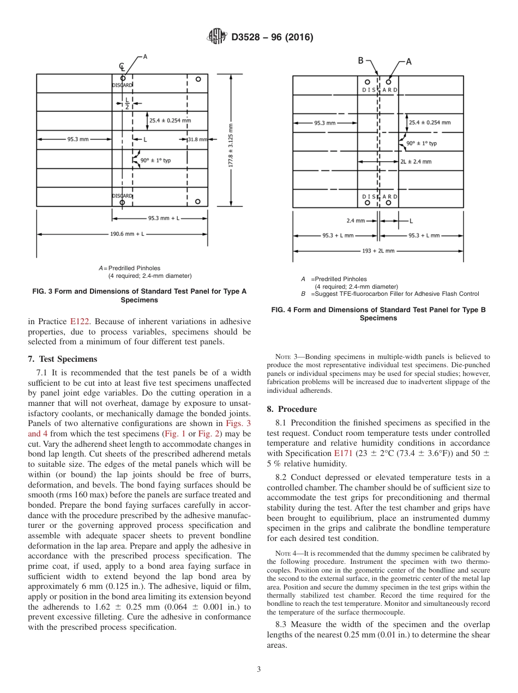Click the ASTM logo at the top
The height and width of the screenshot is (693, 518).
tap(217, 37)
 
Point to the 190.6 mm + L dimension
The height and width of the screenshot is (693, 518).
tap(124, 234)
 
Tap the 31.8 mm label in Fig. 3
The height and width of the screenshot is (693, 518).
tap(197, 139)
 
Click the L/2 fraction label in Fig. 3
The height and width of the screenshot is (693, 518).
tap(127, 104)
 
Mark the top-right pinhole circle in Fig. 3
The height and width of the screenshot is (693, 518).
tap(198, 80)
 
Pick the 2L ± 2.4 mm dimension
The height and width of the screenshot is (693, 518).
tap(415, 161)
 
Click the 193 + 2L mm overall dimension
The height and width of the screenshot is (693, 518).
tap(378, 251)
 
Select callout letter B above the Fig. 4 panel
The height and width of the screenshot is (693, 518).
tap(360, 61)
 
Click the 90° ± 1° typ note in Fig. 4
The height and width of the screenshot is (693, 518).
tap(421, 143)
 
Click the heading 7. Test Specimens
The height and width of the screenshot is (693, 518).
tap(62, 359)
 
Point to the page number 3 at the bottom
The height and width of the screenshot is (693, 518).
tap(258, 669)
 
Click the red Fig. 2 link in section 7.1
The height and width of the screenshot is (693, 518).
tap(208, 434)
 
